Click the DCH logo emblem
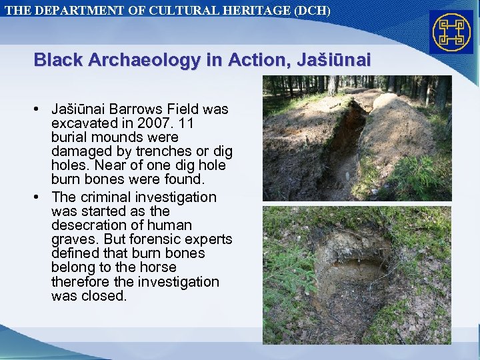[x=451, y=31]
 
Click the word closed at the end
[x=107, y=296]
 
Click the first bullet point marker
[x=41, y=109]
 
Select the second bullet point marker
[x=41, y=197]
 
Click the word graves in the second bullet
[x=72, y=239]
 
